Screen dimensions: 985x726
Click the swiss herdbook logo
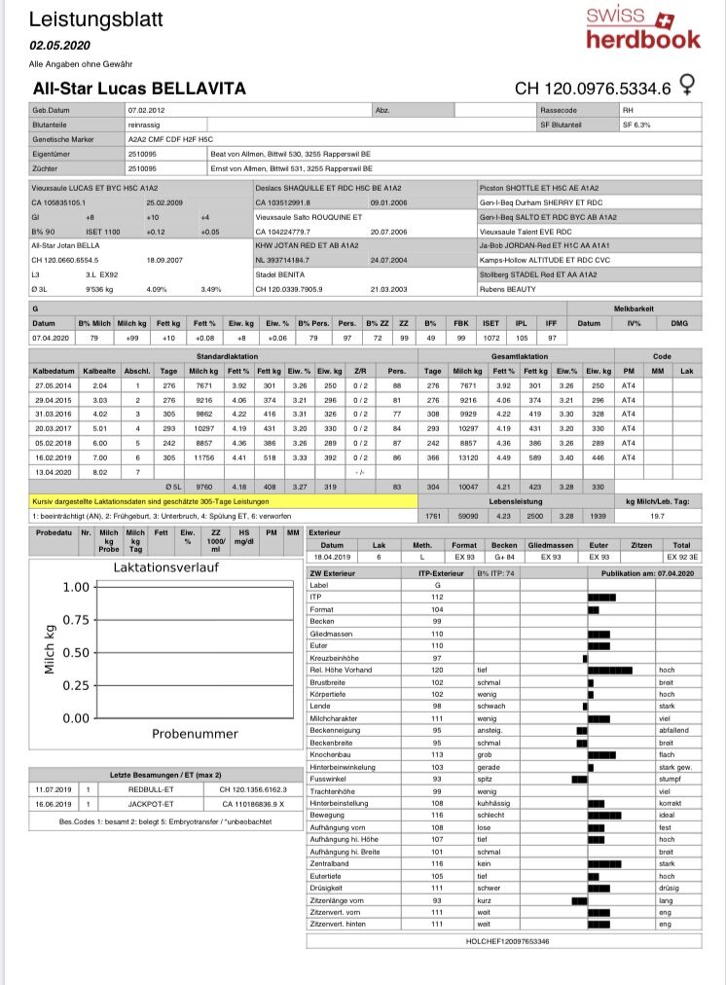[642, 27]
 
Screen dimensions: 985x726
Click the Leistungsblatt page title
[96, 19]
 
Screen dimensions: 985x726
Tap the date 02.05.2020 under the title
[59, 45]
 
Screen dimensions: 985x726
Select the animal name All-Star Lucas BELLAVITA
[139, 89]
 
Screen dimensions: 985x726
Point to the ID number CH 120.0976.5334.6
[593, 89]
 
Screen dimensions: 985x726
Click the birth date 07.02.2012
[146, 111]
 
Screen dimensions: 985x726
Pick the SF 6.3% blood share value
[636, 125]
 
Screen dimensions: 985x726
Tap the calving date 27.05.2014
[51, 385]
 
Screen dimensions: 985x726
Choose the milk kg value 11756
[203, 456]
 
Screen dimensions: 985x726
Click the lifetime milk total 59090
[467, 516]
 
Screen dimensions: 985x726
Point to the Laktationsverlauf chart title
[165, 566]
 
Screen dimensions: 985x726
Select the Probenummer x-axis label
[196, 733]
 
